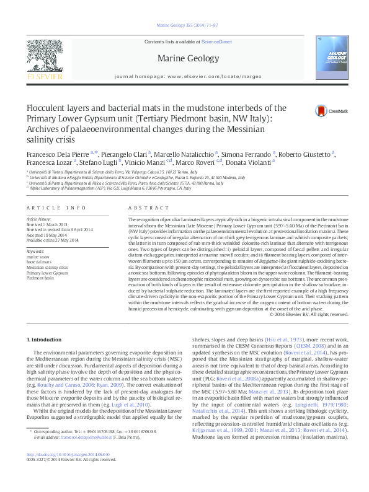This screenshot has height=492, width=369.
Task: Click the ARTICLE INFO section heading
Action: pos(55,208)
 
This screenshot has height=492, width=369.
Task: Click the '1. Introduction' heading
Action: pos(46,340)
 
